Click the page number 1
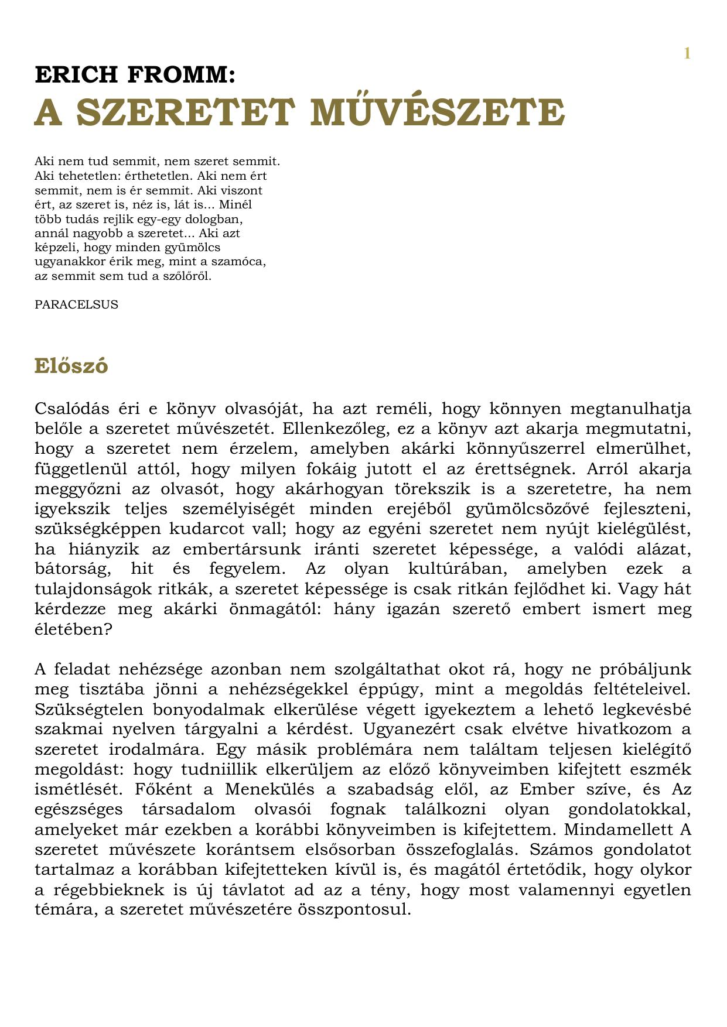(687, 54)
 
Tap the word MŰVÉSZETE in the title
(438, 112)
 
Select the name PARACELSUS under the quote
(76, 304)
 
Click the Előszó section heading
(71, 366)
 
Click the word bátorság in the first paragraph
(67, 569)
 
